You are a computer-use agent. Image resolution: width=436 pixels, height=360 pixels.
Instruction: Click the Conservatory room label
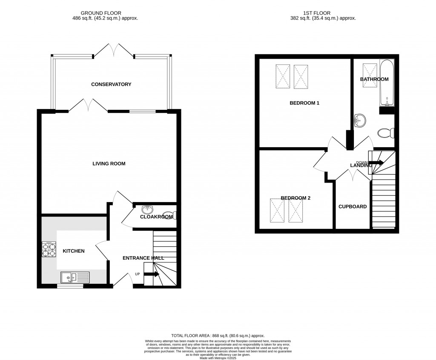coord(111,84)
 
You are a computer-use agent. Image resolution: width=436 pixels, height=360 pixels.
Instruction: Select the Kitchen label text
coord(74,251)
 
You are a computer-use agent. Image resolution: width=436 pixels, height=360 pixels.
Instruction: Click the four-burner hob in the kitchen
coord(49,249)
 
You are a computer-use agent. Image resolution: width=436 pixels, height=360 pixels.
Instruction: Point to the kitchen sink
coord(74,277)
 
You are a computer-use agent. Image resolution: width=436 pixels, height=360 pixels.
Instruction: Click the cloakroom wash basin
coord(147,209)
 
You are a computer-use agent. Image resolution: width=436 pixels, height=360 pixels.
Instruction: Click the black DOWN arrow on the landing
coord(376,163)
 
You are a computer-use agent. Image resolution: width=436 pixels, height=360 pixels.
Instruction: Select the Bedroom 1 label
coord(304,103)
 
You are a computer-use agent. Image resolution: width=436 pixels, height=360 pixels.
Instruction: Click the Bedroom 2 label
coord(295,198)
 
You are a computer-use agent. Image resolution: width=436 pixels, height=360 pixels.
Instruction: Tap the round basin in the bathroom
coord(360,120)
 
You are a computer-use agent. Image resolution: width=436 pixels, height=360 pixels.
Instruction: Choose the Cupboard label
coord(353,206)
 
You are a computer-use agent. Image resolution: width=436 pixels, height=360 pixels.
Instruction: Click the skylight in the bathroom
coord(369,74)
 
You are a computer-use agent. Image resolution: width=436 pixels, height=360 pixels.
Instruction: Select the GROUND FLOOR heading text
coord(111,13)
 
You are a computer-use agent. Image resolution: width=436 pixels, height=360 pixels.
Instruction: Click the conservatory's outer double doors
coord(114,51)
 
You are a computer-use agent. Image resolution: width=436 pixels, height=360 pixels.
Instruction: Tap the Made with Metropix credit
coord(218,358)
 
